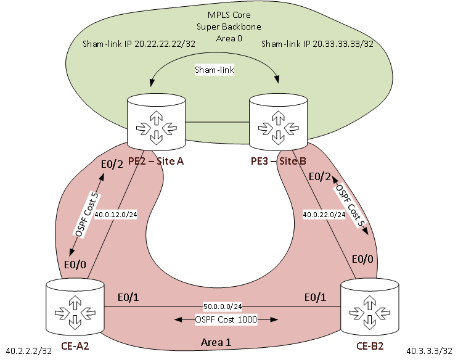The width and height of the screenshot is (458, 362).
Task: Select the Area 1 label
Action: tap(217, 342)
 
